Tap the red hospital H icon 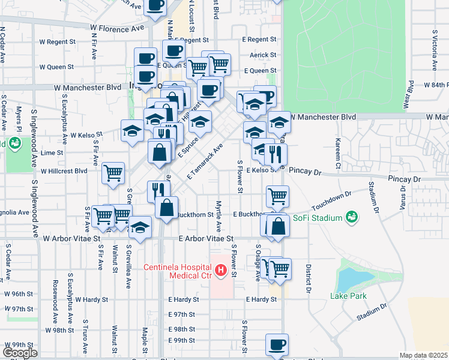[x=220, y=271]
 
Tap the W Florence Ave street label [x=118, y=28]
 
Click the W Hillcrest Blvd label [x=64, y=170]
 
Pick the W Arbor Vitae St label [x=71, y=238]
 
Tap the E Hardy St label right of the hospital [x=261, y=299]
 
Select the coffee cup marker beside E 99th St [x=277, y=344]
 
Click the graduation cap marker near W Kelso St [x=132, y=131]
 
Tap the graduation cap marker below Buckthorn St [x=140, y=229]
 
